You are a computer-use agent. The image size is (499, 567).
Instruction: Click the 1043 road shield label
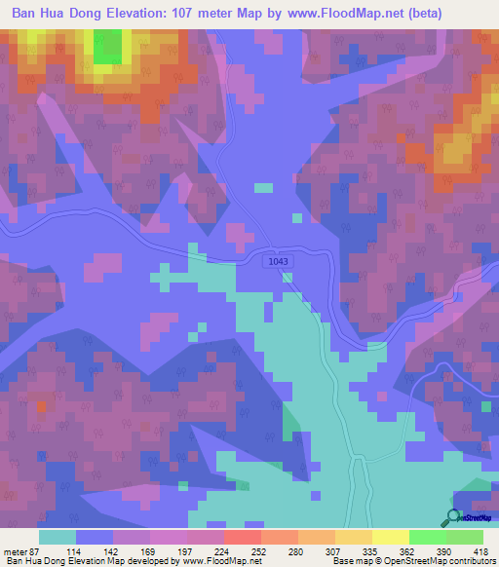tap(279, 261)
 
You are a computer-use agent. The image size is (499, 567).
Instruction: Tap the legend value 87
tap(36, 550)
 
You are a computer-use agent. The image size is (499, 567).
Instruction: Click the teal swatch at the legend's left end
tap(57, 537)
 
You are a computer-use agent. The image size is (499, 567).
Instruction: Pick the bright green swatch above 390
tap(427, 537)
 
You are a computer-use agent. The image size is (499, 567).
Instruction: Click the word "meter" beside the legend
tap(14, 550)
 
